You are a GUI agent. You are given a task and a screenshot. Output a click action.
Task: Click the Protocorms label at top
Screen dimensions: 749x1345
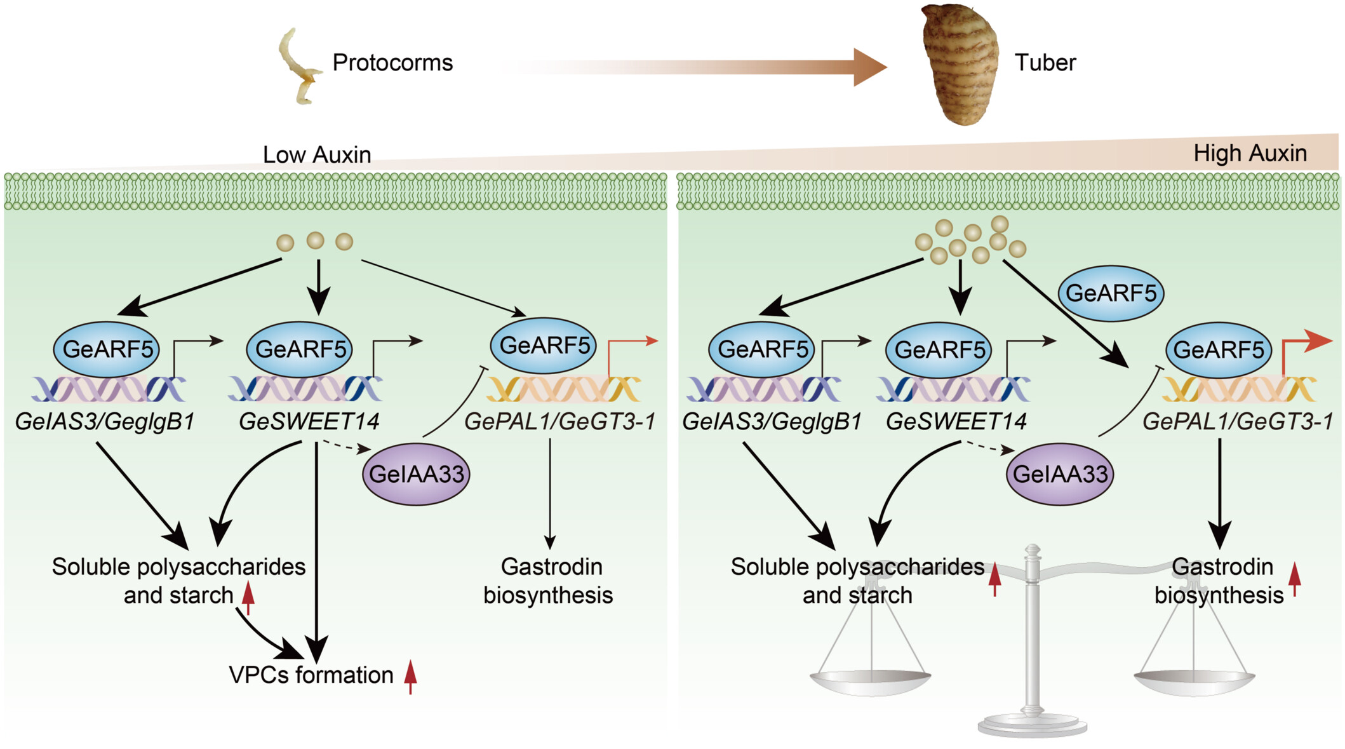click(x=392, y=62)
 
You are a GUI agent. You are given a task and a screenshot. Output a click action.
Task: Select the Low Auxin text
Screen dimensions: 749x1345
click(x=317, y=154)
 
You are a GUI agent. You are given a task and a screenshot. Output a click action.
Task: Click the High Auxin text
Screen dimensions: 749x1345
click(x=1250, y=153)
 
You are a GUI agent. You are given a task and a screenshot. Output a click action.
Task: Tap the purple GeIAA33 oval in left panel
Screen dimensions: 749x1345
click(x=416, y=474)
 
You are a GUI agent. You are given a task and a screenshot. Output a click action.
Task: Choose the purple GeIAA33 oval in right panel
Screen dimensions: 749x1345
click(x=1060, y=474)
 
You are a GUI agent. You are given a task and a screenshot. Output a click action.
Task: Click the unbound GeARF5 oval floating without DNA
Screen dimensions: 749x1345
click(x=1111, y=294)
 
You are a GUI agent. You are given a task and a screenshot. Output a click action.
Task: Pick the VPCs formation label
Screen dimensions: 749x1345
click(x=311, y=675)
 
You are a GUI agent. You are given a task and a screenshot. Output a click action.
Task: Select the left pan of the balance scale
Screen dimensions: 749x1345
click(x=871, y=682)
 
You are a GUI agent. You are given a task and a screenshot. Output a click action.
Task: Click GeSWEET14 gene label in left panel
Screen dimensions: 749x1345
click(x=309, y=421)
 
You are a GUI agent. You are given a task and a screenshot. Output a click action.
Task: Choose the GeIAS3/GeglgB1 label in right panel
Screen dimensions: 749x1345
click(x=772, y=421)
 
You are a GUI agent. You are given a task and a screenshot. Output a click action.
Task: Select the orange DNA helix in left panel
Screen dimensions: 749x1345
click(x=563, y=389)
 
